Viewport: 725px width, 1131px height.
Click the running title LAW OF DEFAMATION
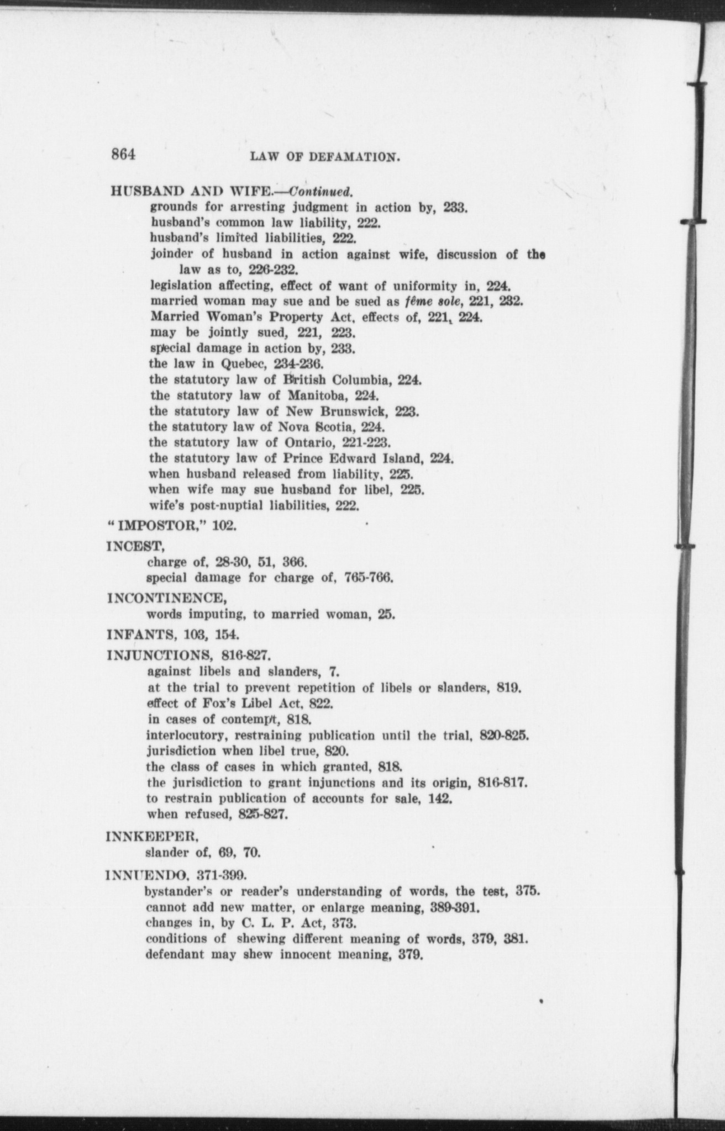point(325,157)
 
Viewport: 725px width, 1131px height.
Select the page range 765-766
point(369,578)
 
